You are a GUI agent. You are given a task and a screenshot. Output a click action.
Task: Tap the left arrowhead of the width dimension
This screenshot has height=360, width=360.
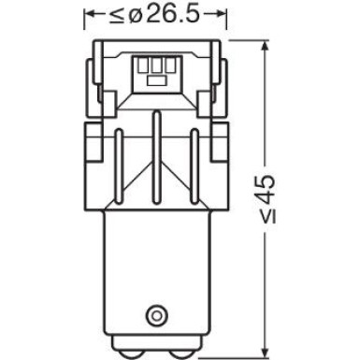[90, 15]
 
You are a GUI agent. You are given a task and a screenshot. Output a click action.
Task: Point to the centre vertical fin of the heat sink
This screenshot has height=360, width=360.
[155, 150]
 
